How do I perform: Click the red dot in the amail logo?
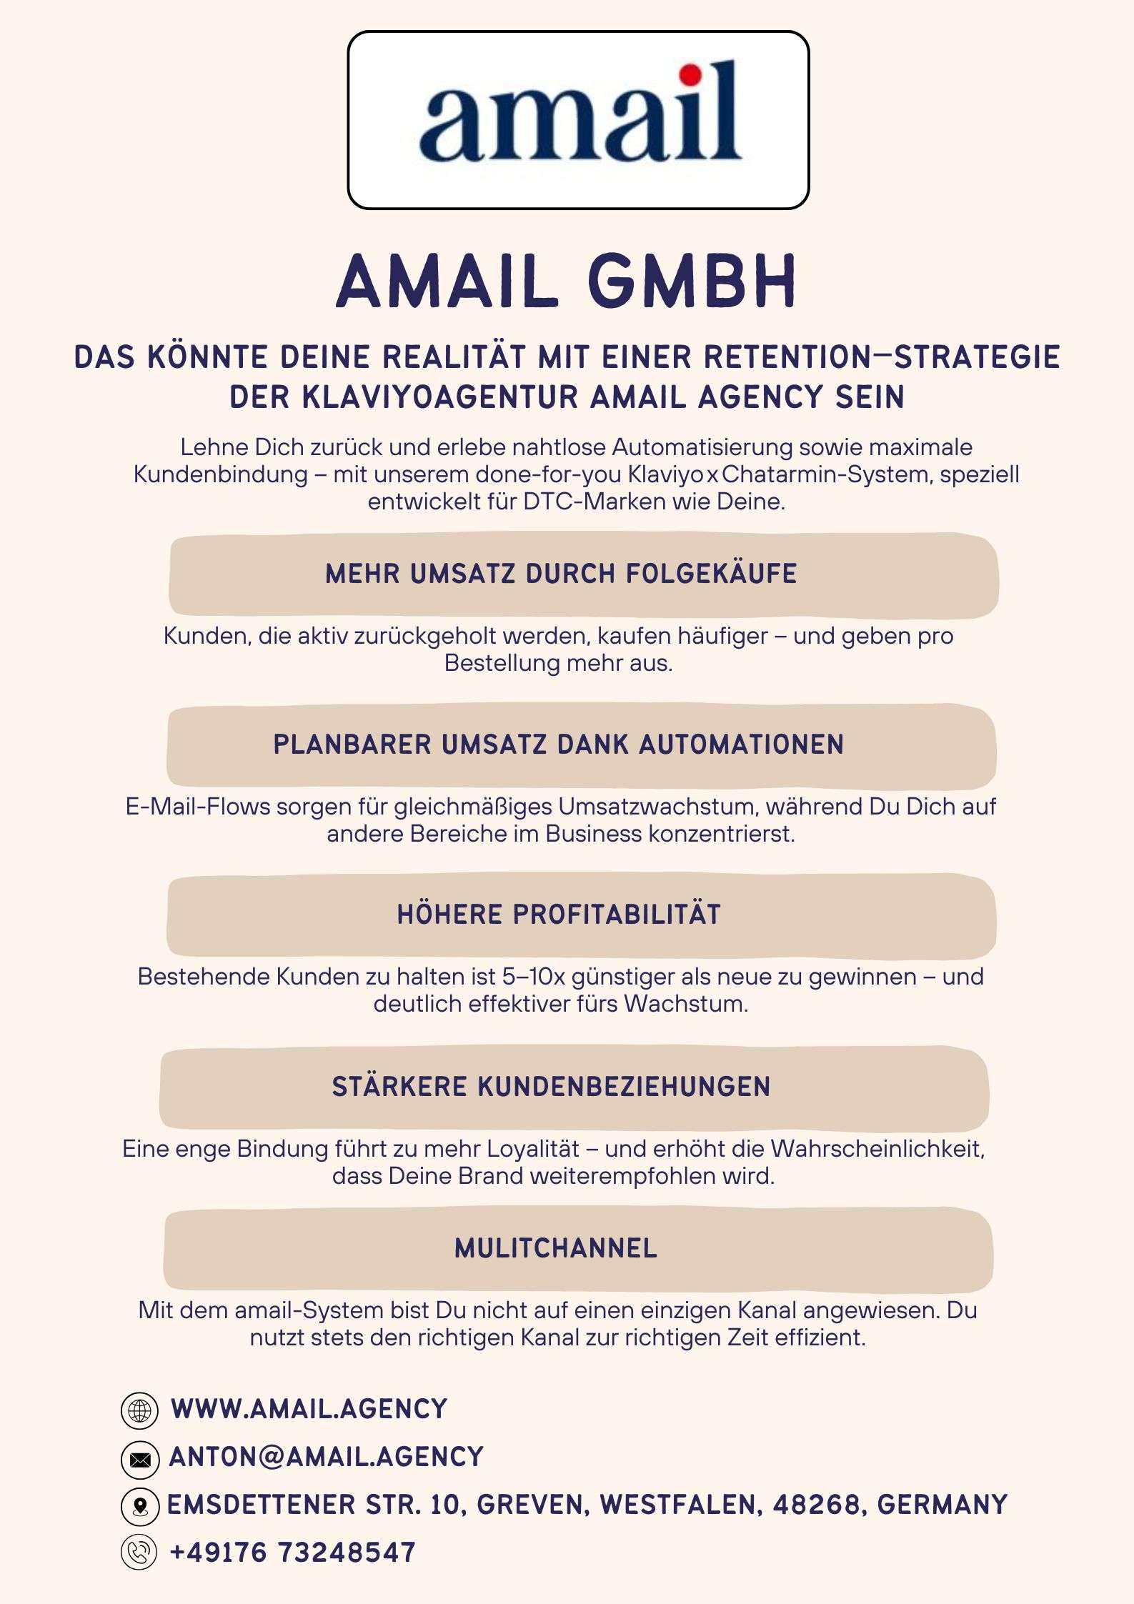(690, 74)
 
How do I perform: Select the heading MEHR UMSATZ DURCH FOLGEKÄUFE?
(561, 574)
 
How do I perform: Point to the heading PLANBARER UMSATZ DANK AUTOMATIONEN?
(558, 744)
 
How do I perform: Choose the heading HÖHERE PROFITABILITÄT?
(559, 915)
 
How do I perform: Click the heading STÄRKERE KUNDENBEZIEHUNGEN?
(551, 1087)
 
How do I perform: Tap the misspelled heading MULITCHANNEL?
(555, 1248)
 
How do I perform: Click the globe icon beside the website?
(139, 1410)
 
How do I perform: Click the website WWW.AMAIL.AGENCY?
(309, 1409)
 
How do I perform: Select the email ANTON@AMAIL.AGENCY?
(326, 1457)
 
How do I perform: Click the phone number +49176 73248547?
(292, 1553)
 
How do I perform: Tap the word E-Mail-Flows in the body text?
(198, 807)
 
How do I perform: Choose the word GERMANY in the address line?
(942, 1505)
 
